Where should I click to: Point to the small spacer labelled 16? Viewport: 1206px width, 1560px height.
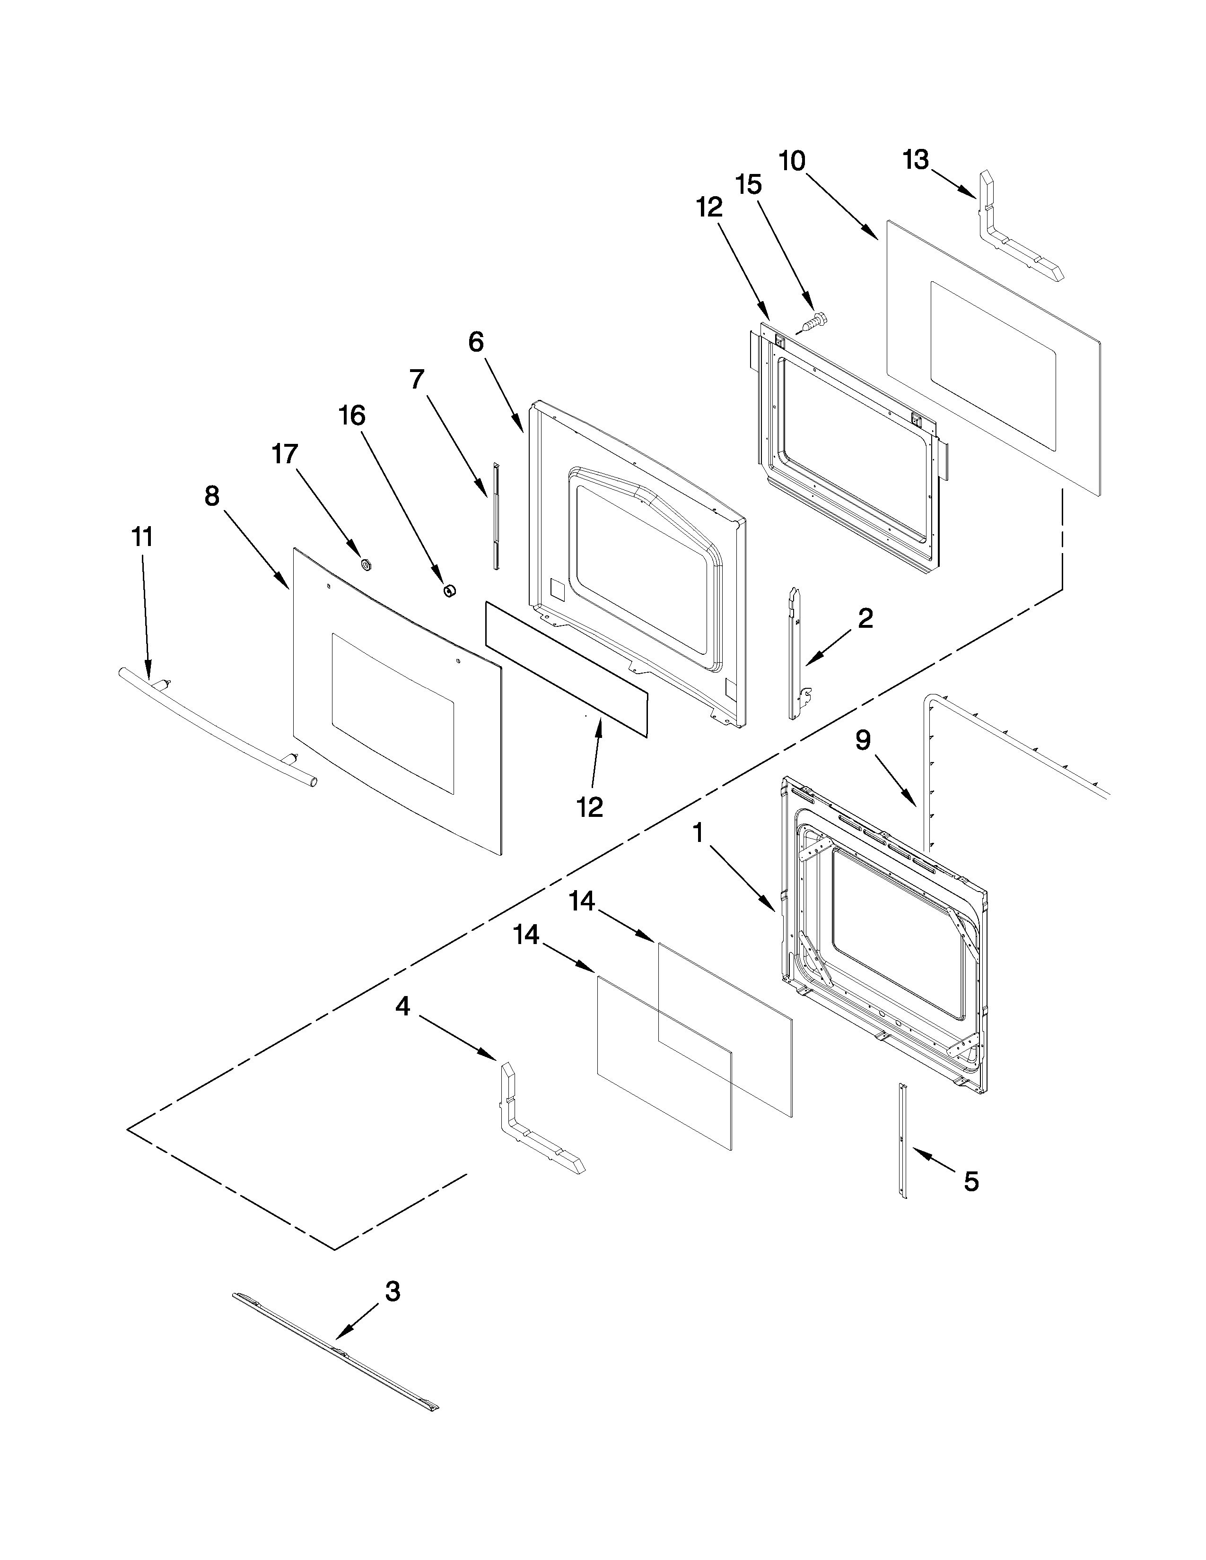(x=449, y=590)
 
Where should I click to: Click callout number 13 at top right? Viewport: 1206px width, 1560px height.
(x=915, y=160)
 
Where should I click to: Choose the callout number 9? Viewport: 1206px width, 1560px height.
(x=863, y=741)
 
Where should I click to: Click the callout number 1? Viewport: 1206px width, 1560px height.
(x=698, y=832)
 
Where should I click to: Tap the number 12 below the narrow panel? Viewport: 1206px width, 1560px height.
(x=590, y=807)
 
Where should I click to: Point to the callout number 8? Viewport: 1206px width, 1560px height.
(x=212, y=496)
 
